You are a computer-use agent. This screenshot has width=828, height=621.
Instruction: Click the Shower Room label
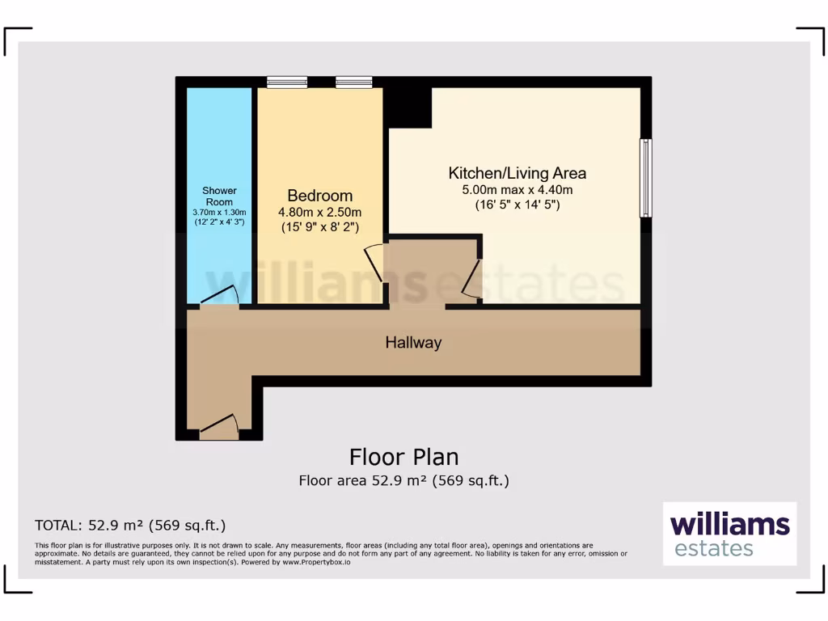(219, 196)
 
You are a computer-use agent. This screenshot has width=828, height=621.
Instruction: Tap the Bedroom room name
(320, 196)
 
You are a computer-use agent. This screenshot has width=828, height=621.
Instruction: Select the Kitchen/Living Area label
(517, 173)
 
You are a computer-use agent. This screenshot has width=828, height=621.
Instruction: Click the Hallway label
(413, 343)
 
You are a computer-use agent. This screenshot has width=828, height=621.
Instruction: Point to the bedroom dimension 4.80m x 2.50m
(320, 212)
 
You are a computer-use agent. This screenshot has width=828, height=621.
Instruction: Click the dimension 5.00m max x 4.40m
(517, 190)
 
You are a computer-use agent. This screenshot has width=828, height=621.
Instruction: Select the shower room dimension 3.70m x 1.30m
(219, 212)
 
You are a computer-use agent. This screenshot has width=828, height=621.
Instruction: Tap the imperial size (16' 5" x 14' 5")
(517, 205)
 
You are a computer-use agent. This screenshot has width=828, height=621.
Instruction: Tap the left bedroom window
(287, 82)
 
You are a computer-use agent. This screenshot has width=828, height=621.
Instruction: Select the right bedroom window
(354, 82)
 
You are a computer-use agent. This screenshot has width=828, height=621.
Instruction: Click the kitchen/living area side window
(645, 178)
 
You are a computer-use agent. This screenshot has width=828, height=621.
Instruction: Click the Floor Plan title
(403, 457)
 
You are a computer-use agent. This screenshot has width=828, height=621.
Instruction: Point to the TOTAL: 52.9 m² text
(130, 525)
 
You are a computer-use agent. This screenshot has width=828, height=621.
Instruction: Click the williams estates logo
(729, 534)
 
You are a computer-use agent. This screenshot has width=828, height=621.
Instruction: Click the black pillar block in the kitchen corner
(409, 105)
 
